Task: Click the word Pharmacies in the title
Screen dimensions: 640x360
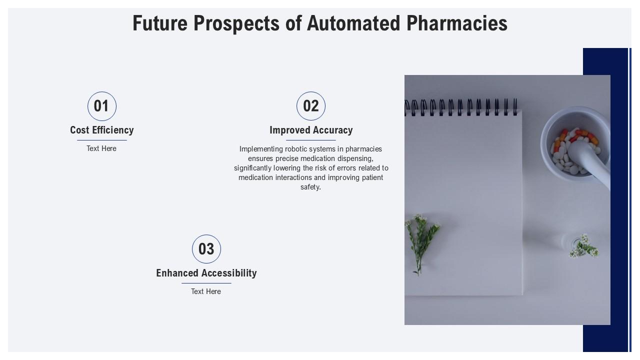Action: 457,23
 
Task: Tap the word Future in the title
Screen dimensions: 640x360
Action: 160,23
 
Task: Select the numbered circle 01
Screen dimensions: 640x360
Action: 102,106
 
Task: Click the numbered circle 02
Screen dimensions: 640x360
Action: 311,106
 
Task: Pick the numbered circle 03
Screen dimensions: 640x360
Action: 206,249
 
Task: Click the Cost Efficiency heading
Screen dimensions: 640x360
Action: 102,130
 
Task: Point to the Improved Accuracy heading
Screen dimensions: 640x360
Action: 311,130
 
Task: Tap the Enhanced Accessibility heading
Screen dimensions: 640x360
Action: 206,273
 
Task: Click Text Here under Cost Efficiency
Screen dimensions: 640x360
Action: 101,148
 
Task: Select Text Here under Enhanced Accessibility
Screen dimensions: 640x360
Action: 206,291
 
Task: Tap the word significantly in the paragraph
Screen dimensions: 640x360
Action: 252,168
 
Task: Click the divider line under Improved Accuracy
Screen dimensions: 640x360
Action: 311,140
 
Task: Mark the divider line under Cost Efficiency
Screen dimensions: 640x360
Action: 102,140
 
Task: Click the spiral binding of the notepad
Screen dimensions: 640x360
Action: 460,107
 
